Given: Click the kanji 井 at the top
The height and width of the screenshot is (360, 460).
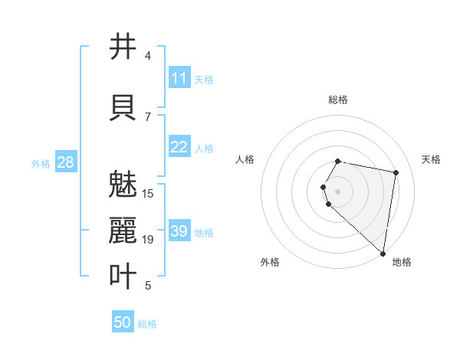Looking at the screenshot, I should tap(123, 47).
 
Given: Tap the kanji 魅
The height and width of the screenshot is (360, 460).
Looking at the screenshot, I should tap(123, 185).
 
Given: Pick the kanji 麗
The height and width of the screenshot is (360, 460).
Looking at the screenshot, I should tap(123, 231).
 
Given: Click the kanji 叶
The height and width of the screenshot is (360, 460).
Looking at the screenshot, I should tap(123, 276).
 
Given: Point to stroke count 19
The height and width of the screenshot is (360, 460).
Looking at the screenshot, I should tap(148, 240).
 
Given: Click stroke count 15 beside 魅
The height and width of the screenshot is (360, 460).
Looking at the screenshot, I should tap(148, 193).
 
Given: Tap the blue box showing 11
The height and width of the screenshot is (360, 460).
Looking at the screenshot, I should tap(179, 78).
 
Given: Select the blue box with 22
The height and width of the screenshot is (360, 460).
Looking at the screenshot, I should tap(179, 147).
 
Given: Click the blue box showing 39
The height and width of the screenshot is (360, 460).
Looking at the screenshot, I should tap(179, 231).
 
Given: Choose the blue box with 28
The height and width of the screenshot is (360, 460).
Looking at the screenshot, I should tap(64, 162).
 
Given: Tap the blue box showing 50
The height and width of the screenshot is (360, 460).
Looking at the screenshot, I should tap(123, 322).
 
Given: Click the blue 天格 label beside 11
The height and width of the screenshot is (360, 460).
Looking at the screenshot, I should tap(204, 79).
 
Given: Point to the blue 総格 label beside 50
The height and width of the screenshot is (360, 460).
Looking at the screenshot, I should tap(147, 324).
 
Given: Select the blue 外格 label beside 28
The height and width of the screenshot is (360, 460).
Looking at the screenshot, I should tap(41, 163).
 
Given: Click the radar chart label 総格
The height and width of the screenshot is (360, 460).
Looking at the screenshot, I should tap(338, 100).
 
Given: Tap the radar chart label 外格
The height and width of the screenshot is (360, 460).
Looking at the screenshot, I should tap(270, 262).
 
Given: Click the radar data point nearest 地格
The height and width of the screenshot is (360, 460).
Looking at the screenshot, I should tap(383, 253).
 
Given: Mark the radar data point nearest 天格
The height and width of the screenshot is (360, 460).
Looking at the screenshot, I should tap(396, 172).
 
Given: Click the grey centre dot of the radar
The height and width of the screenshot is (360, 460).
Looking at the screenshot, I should tap(338, 191).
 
